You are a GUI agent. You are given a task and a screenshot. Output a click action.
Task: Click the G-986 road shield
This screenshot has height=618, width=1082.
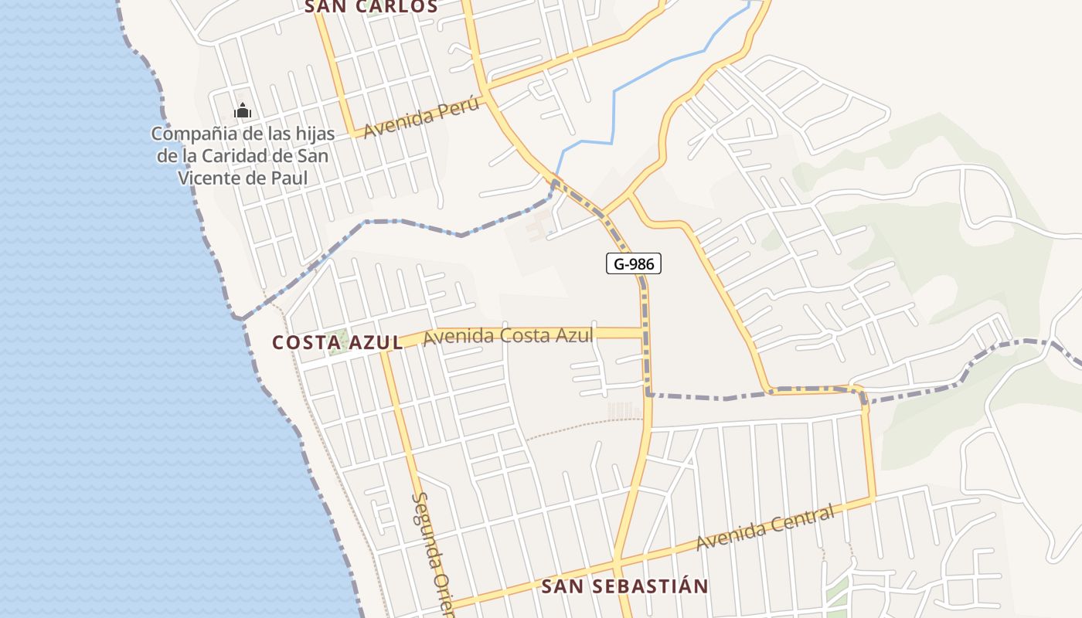tap(633, 264)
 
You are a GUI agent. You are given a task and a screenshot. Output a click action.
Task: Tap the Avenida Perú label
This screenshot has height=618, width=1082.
tap(421, 118)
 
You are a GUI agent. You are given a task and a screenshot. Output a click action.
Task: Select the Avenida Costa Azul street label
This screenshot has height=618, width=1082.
tap(509, 336)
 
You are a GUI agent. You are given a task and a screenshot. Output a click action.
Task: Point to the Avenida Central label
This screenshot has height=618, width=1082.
tap(765, 528)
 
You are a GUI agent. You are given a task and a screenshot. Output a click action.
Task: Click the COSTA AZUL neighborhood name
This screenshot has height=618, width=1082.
tap(337, 342)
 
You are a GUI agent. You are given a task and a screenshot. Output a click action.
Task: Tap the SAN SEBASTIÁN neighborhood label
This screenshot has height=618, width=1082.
tap(624, 586)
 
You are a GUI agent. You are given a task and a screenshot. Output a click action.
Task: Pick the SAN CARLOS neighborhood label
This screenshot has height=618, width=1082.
tap(371, 7)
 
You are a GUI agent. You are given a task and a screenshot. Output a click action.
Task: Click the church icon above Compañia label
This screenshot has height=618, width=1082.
tap(243, 111)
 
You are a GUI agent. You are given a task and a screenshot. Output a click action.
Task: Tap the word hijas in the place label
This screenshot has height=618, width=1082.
tap(314, 134)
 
